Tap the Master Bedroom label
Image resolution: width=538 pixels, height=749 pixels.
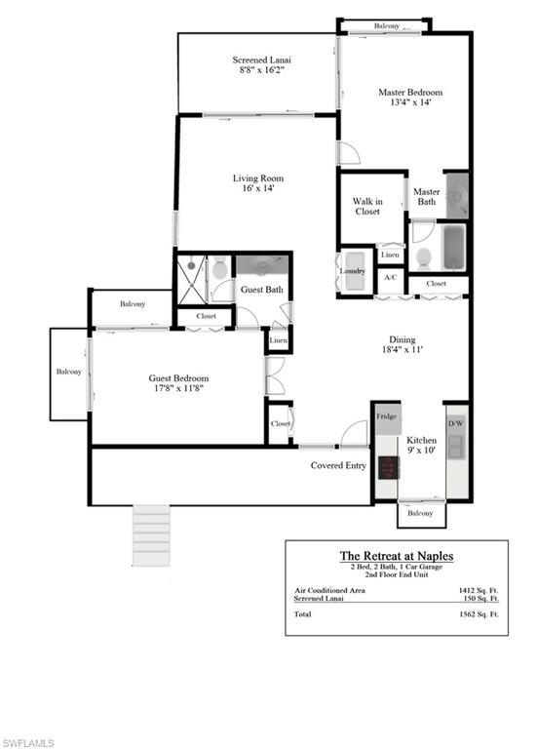click(x=403, y=94)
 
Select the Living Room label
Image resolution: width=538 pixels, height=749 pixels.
click(x=257, y=178)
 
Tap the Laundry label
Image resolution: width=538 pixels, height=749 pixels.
click(x=352, y=271)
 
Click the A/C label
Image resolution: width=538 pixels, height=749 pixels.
click(x=391, y=278)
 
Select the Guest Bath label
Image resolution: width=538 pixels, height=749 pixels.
click(x=262, y=290)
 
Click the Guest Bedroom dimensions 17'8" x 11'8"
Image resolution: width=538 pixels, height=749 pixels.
click(x=178, y=388)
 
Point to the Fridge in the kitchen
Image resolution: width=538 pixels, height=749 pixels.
click(x=387, y=416)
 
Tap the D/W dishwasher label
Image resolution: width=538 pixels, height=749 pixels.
click(x=455, y=423)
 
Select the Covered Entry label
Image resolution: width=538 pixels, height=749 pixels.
click(x=338, y=465)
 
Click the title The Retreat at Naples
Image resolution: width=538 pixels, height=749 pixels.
click(x=396, y=556)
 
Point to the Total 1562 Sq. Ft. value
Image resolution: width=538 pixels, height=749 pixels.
click(x=478, y=615)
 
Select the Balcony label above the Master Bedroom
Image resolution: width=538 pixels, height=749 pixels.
click(x=386, y=25)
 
